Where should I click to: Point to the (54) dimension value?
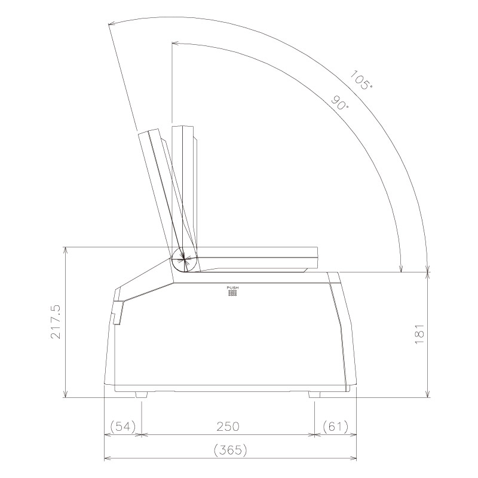click(122, 427)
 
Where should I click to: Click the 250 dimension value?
click(228, 427)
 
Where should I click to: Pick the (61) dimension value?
click(335, 427)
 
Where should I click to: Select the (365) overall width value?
click(230, 450)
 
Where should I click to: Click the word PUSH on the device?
click(232, 288)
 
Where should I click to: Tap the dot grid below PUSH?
click(232, 294)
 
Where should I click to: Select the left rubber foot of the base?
click(142, 394)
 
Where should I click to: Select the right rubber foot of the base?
click(315, 394)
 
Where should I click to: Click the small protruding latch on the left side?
click(117, 312)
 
